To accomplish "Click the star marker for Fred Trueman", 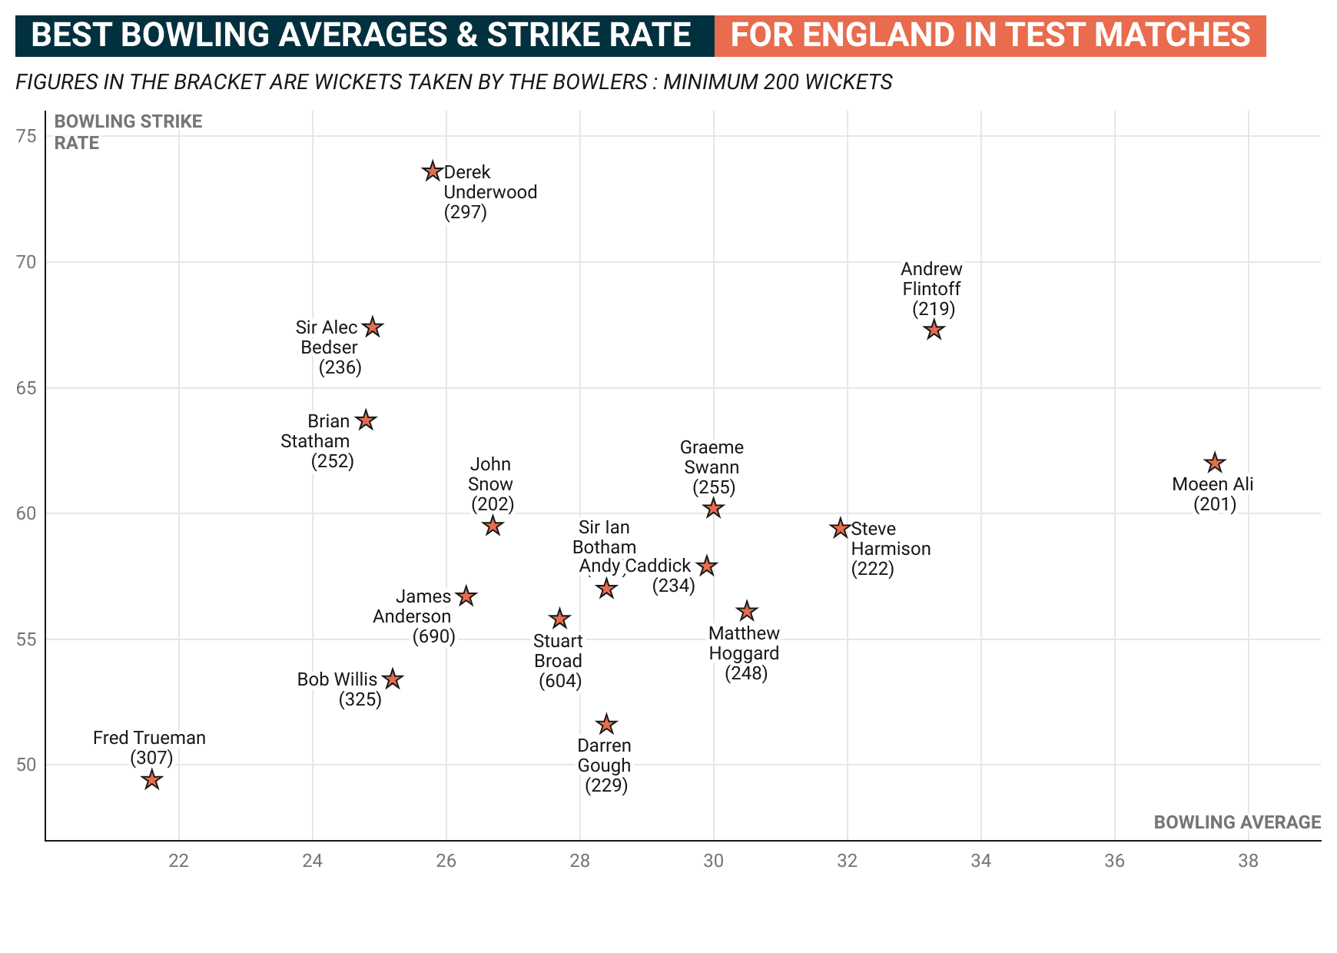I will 152,780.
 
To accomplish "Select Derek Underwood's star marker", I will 433,171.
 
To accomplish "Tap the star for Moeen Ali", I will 1214,463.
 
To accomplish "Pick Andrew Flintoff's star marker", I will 934,330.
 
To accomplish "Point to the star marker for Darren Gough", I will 607,724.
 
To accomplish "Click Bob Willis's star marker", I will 393,679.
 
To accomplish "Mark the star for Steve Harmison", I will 840,529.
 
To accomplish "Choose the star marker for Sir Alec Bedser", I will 373,327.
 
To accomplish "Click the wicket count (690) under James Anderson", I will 434,636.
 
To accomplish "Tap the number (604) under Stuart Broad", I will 560,681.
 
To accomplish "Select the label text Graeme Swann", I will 712,457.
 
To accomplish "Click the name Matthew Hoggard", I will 744,643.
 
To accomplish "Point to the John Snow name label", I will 490,474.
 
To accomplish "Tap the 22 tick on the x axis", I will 179,861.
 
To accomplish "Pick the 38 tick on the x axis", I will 1248,861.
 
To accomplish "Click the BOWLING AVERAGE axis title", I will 1237,822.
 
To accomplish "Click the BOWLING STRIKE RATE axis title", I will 128,132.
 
